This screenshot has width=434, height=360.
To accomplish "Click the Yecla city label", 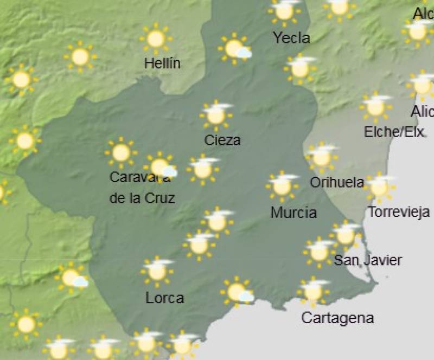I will coord(291,38).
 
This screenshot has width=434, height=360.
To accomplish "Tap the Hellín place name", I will coord(162,63).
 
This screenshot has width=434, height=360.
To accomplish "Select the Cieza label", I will coord(222,140).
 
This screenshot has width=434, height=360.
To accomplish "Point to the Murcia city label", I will coord(293,212).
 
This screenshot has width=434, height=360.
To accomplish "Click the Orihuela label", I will coord(336,182).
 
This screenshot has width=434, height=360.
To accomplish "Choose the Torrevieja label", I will coord(399,212).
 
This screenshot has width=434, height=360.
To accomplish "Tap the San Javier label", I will coord(367,260).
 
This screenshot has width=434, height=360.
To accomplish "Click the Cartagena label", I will coord(337,318).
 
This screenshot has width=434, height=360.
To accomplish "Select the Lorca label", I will coord(165,298).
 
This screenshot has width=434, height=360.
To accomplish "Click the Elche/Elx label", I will coord(394,132).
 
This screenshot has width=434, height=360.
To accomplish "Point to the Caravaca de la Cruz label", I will coord(142,188).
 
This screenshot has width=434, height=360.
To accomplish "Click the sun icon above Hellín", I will coord(156,39).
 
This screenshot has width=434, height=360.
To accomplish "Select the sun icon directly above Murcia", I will coord(282,186).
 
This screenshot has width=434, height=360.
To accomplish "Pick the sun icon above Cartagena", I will coord(314,291).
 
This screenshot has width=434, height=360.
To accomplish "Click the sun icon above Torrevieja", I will coord(380,187).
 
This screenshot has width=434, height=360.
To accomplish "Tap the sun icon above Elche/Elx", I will coord(375,107).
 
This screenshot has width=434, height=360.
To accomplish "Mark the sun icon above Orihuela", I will coord(322,157).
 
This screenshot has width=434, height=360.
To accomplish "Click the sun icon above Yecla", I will coord(284,11).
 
